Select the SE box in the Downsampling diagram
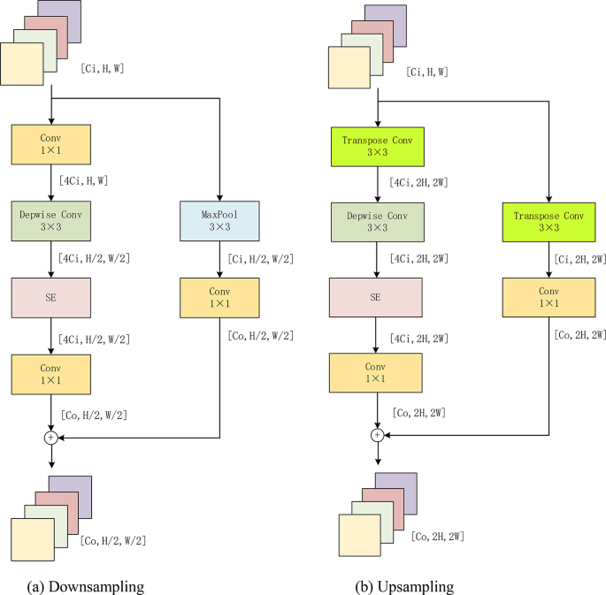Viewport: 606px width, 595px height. tap(50, 299)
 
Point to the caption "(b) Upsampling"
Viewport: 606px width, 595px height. tap(405, 586)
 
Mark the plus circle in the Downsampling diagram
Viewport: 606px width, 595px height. tap(50, 437)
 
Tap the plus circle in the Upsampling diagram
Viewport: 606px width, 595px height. tap(378, 434)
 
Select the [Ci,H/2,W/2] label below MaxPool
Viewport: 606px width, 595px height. tap(258, 258)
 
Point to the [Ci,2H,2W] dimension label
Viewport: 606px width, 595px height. tap(579, 258)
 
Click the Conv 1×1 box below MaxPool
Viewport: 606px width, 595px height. tap(219, 299)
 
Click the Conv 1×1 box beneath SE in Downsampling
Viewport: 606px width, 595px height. tap(50, 373)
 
